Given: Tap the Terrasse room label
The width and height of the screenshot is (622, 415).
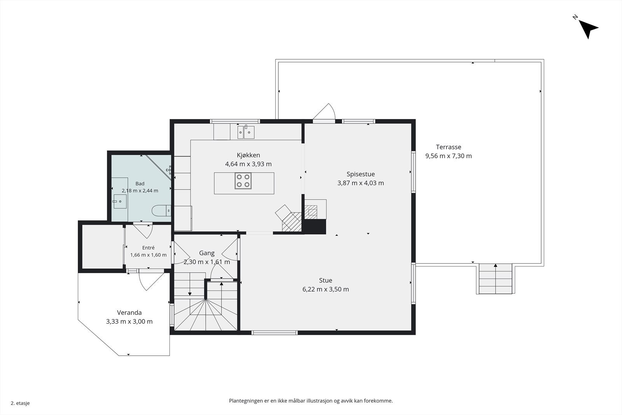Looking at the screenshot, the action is [449, 147].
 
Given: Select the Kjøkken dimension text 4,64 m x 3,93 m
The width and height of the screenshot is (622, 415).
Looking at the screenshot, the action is [248, 164].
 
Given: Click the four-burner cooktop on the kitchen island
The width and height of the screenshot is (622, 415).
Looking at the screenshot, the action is [243, 181].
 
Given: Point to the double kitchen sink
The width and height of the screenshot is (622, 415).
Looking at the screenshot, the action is [246, 132].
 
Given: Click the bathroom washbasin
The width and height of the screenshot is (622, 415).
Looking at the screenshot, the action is [120, 201].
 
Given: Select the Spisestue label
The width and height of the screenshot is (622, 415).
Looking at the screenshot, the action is [360, 174].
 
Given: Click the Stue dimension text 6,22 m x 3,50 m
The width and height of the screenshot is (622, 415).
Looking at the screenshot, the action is [325, 289].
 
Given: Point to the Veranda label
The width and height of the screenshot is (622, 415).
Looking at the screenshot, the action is [129, 312].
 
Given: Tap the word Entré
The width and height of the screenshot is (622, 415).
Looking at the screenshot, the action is [148, 247].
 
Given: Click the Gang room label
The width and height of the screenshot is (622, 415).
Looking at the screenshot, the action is [206, 253].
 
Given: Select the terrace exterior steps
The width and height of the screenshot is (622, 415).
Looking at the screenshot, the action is [496, 278].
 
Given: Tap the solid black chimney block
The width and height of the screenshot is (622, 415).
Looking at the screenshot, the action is [314, 226].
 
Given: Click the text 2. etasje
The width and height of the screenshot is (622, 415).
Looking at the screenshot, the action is [20, 403].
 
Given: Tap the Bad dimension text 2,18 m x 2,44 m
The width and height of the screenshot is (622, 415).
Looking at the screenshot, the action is [140, 191].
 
